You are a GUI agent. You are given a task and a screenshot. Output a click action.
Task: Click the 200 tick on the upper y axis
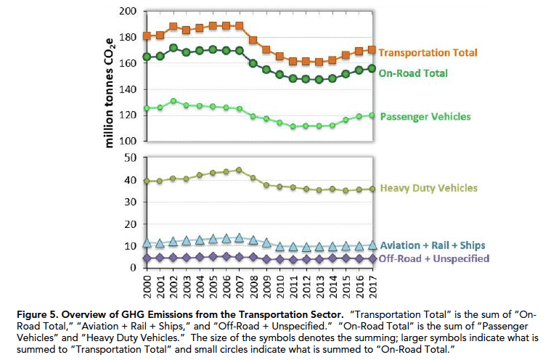128,12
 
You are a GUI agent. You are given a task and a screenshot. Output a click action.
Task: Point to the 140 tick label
128,89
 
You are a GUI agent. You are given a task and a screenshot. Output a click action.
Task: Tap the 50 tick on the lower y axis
131,157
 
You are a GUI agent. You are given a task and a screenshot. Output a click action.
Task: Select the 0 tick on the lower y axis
134,268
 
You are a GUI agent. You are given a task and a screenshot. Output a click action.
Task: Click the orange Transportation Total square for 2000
147,36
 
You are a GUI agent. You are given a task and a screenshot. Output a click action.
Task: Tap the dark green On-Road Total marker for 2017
372,68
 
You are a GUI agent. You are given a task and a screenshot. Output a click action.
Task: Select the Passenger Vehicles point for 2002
174,101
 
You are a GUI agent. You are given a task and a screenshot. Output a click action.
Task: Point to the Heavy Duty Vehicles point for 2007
240,170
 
